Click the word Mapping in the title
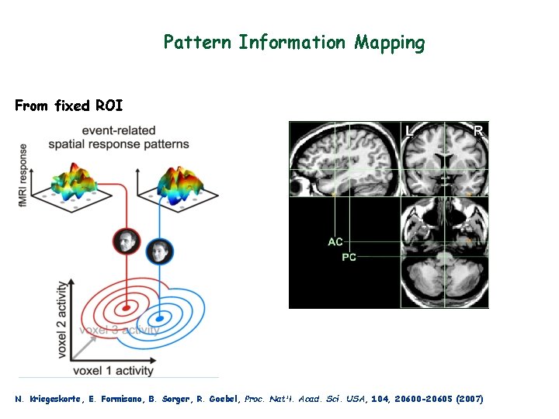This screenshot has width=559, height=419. tap(390, 43)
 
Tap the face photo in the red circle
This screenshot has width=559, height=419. tap(126, 242)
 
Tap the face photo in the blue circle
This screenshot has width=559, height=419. tap(159, 251)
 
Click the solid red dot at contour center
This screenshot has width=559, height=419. tap(126, 308)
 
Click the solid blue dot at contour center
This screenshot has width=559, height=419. tap(160, 318)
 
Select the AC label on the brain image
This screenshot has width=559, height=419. tap(335, 242)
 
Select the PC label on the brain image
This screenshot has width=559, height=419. tap(349, 257)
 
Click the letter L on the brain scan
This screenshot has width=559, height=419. tap(409, 131)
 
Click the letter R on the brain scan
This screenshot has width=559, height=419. tap(478, 131)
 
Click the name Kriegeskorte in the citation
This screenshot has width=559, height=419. tap(58, 399)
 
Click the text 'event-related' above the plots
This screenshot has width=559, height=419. tap(118, 130)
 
